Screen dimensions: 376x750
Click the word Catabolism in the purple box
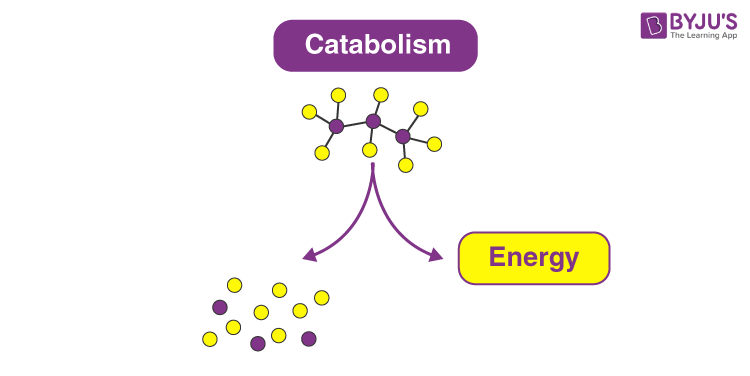376,45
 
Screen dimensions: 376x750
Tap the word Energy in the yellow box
533,258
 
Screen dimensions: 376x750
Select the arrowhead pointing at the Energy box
436,257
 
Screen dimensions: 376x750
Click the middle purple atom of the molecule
373,122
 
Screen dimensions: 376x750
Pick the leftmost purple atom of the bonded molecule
336,126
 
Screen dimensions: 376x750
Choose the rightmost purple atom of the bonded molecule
403,136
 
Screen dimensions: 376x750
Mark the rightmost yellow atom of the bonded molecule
434,144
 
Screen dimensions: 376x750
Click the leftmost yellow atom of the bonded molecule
310,111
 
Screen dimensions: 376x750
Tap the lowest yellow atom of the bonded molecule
406,165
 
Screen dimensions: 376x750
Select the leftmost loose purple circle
220,307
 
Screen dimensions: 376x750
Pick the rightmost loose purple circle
309,338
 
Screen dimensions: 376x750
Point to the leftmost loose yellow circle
210,339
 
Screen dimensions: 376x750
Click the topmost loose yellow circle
235,285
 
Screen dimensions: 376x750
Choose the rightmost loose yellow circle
322,297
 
